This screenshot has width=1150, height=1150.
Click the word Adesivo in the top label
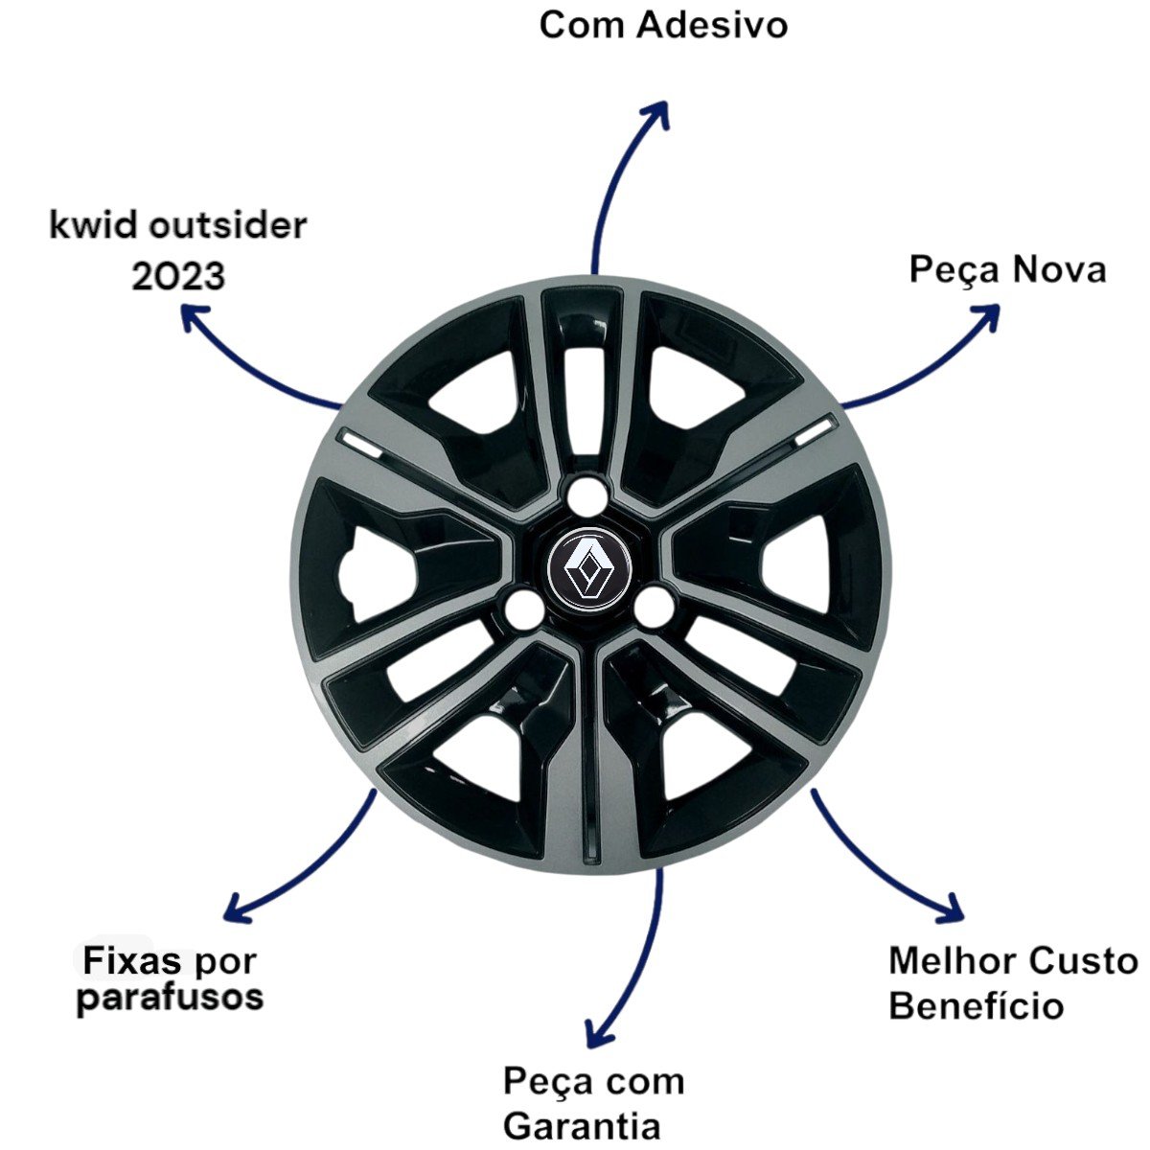pos(711,24)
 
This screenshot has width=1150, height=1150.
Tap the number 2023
pos(178,276)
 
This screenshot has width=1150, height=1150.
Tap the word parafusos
pos(171,998)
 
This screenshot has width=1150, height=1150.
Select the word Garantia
pos(582,1124)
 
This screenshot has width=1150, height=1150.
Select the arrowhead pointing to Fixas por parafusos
pos(233,908)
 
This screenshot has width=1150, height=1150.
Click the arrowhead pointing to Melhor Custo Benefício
pos(953,908)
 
